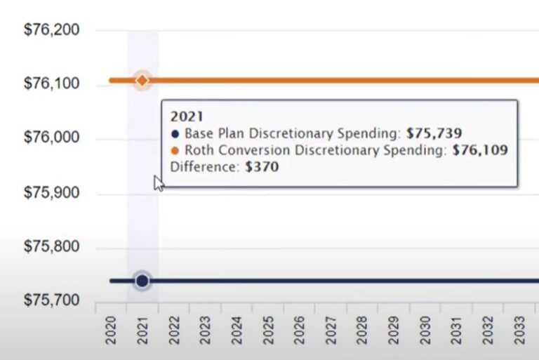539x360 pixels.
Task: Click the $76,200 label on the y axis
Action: (x=51, y=30)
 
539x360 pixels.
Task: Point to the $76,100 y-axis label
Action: (x=51, y=84)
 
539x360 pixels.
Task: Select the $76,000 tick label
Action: (x=51, y=138)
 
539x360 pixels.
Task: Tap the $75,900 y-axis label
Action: (x=51, y=193)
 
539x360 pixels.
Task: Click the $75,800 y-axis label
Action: (x=51, y=247)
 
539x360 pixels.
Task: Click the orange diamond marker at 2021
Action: (x=142, y=81)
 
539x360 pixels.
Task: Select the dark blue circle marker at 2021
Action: (x=142, y=281)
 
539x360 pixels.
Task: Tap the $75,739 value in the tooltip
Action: (x=434, y=133)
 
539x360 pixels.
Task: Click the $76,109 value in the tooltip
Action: (x=479, y=150)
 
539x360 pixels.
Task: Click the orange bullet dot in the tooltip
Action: (x=175, y=150)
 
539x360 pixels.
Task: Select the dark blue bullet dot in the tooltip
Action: (x=175, y=133)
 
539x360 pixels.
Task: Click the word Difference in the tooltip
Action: (x=199, y=167)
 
